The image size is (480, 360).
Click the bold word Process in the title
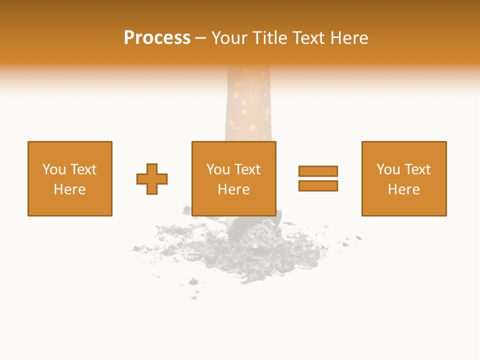tap(157, 38)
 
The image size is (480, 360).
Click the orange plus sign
tap(152, 179)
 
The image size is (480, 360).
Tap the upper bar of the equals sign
tap(318, 171)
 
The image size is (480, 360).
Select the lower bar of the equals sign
tap(318, 185)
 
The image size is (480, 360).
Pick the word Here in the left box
tap(69, 189)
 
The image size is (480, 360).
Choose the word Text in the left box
tap(82, 169)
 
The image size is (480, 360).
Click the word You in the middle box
tap(218, 169)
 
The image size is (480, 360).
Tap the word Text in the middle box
tap(247, 169)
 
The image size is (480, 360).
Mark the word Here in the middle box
tap(233, 189)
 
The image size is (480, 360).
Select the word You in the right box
tap(388, 169)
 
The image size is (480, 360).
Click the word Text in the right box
tap(417, 169)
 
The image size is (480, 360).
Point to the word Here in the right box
tap(403, 189)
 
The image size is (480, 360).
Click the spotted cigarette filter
tap(248, 105)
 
